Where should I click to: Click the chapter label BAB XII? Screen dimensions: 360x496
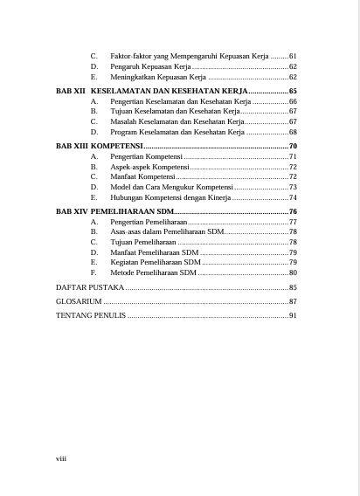click(70, 91)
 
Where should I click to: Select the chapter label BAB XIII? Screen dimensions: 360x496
click(71, 145)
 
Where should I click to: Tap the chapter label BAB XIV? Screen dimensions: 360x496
click(71, 212)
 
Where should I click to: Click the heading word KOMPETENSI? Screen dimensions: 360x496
click(117, 145)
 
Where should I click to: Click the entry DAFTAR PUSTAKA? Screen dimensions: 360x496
click(90, 286)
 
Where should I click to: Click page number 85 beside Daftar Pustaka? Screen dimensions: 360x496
click(294, 286)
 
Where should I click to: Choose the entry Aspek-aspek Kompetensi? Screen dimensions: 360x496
click(149, 166)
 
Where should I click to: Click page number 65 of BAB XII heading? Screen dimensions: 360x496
click(294, 91)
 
